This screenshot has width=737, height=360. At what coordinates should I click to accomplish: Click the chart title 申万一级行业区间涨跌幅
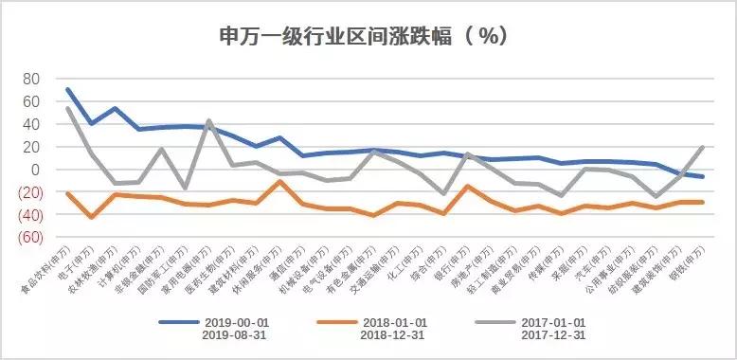click(x=351, y=36)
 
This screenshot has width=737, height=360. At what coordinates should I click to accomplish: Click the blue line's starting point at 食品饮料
click(x=67, y=90)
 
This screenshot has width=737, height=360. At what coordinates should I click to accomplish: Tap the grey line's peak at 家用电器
click(x=207, y=121)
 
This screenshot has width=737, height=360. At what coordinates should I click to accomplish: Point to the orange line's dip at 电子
click(x=91, y=217)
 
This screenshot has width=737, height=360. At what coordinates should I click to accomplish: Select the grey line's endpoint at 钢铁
click(x=702, y=147)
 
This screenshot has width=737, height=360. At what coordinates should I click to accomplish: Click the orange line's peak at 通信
click(x=278, y=181)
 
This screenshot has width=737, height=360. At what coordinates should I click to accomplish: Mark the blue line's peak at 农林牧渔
click(x=115, y=108)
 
